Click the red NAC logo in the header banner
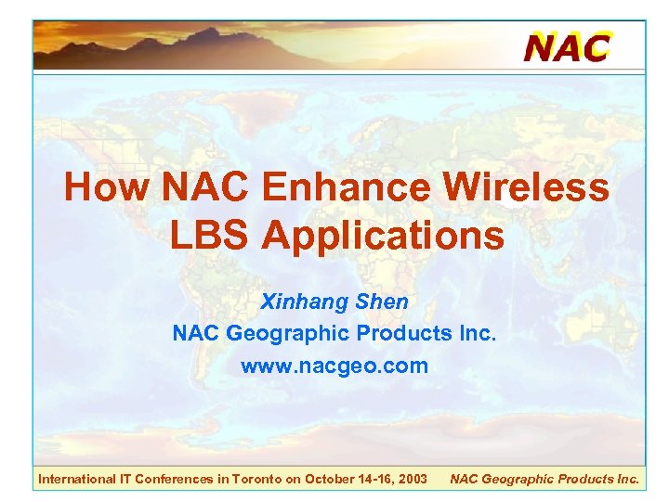coord(567,45)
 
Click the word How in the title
coord(107,188)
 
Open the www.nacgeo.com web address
coord(334,366)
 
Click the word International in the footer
coord(75,479)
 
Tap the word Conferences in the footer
coord(177,479)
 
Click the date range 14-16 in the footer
coord(376,479)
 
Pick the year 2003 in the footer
coord(413,479)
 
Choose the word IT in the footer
coord(124,479)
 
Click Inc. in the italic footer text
coord(627,479)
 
